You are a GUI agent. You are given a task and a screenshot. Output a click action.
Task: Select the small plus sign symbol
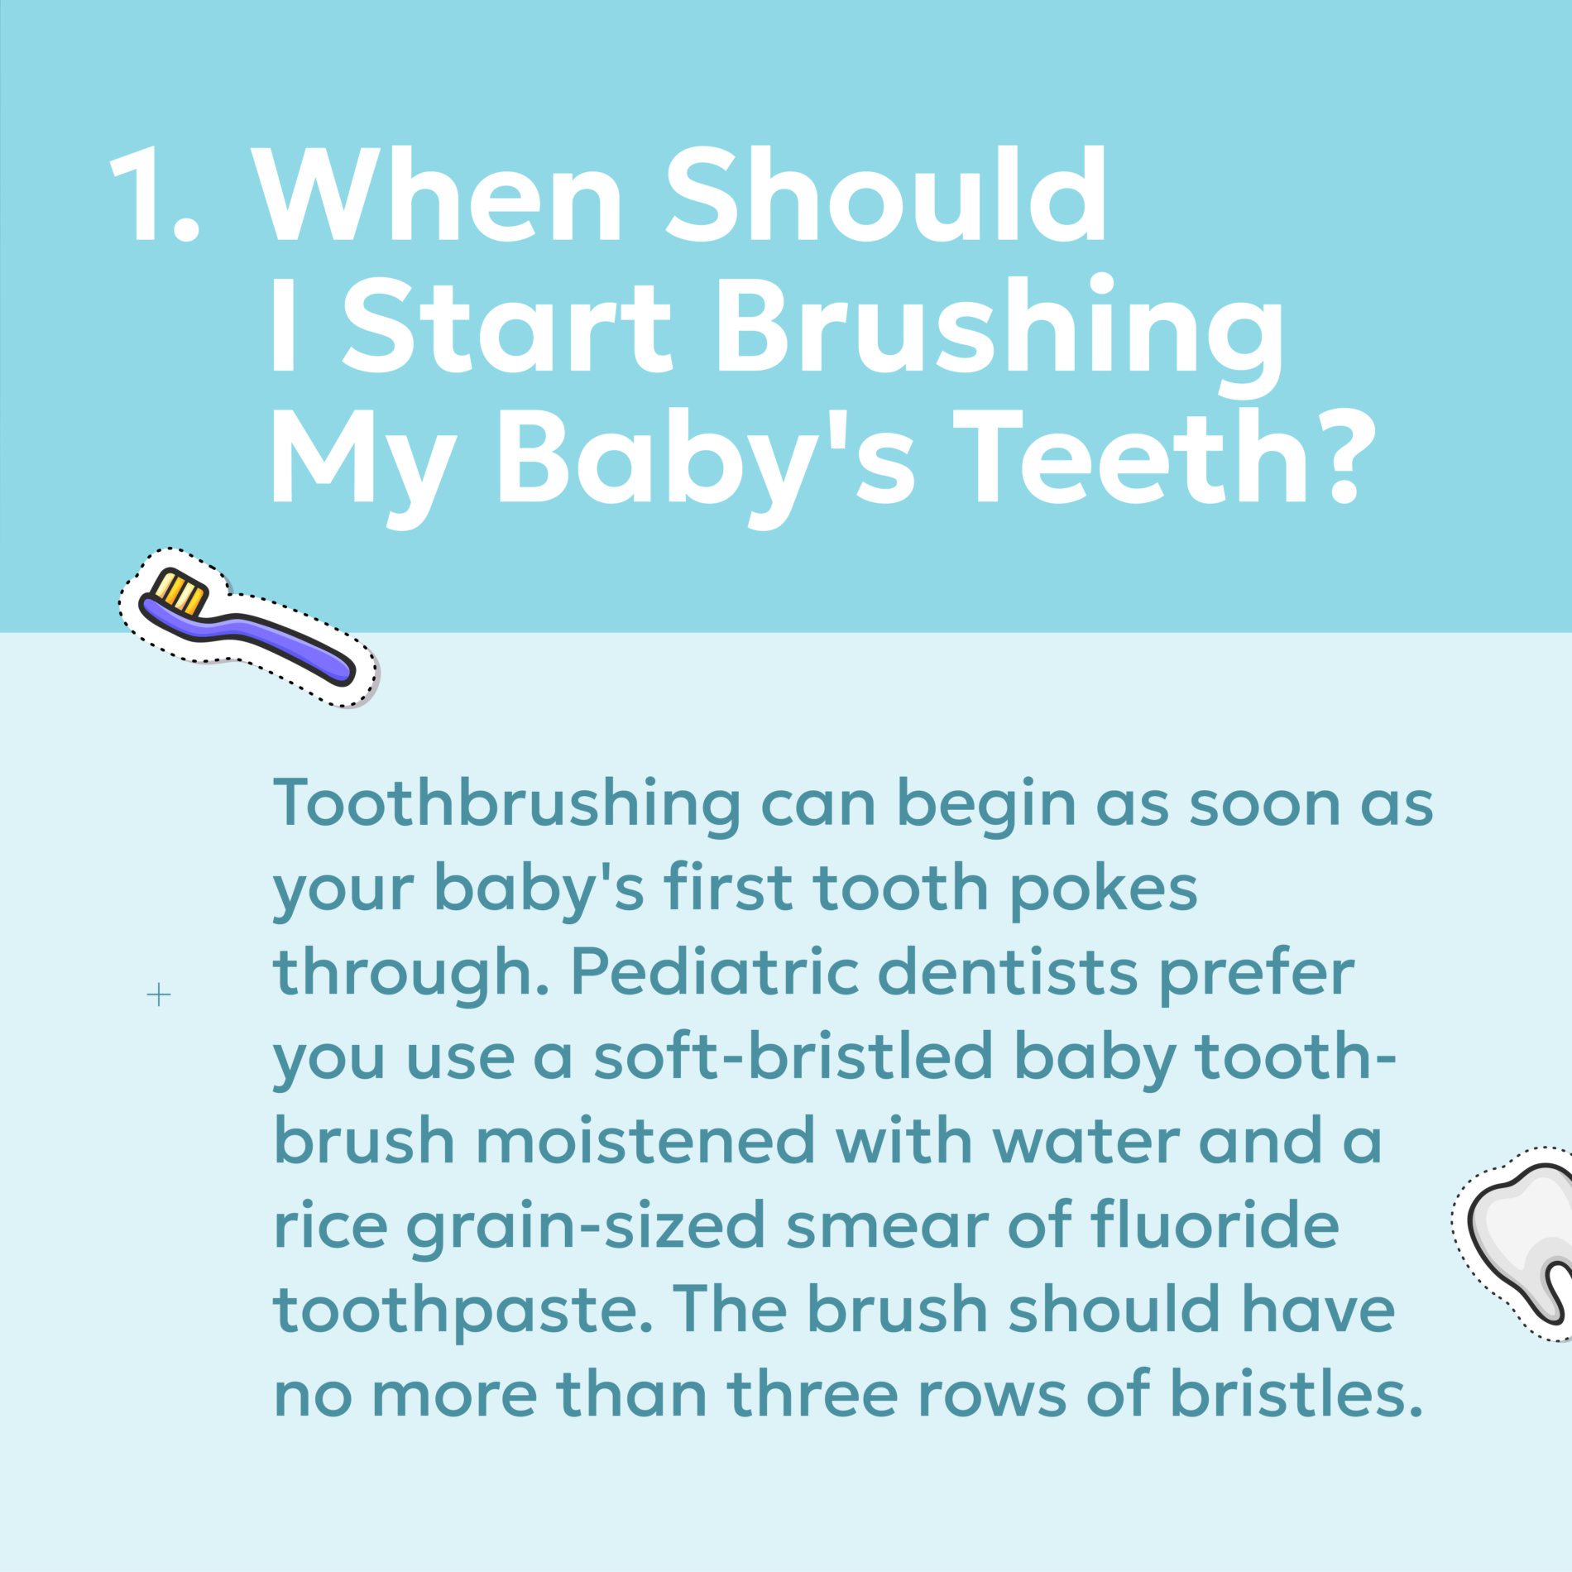pos(158,994)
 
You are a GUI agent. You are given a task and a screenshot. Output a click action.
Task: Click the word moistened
pos(645,1141)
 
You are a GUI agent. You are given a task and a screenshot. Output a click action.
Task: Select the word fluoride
pos(1215,1225)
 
